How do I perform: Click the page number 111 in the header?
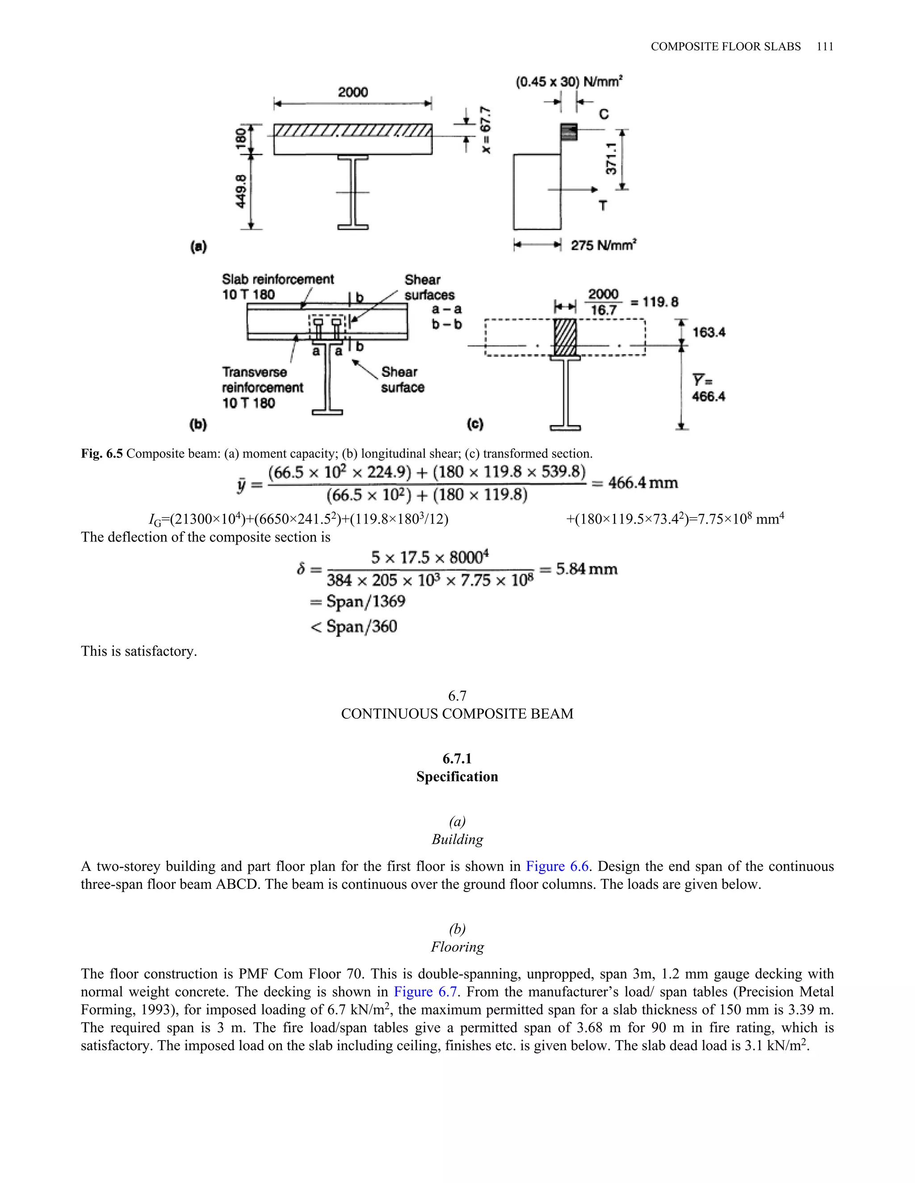824,46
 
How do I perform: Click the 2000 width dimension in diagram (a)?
353,92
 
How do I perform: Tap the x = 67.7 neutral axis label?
486,130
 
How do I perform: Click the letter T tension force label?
603,206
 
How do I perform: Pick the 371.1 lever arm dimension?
611,159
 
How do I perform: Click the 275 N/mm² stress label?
603,246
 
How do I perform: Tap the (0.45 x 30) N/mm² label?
569,82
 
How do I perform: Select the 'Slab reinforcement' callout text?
277,279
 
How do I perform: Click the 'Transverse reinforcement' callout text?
262,380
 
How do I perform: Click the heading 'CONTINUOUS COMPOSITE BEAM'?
457,714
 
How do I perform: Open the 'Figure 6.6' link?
557,866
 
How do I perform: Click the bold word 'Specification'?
457,777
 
